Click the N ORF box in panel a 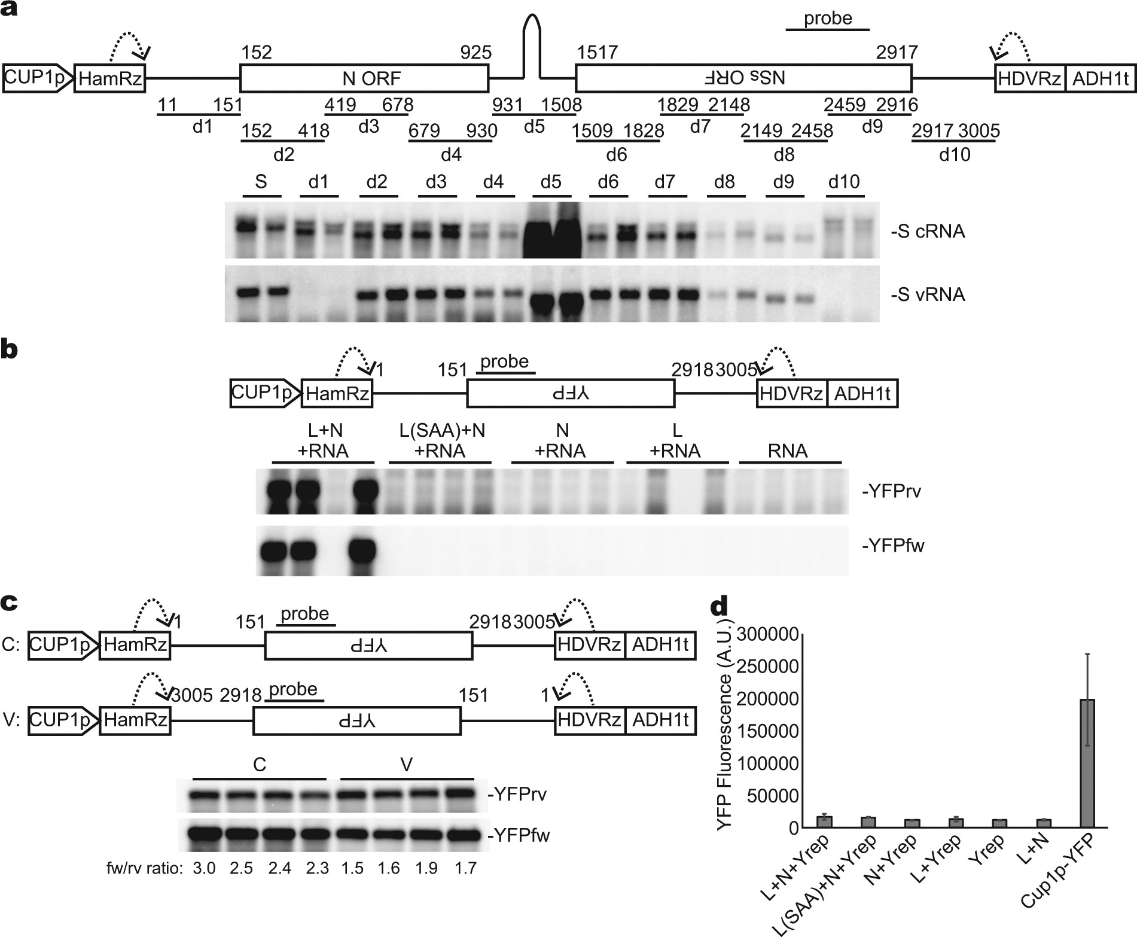364,78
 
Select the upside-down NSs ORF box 743,78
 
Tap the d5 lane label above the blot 550,182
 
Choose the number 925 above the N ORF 475,53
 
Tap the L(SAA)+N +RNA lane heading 441,440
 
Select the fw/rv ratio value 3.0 203,868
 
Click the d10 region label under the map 955,155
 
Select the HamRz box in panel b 337,394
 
